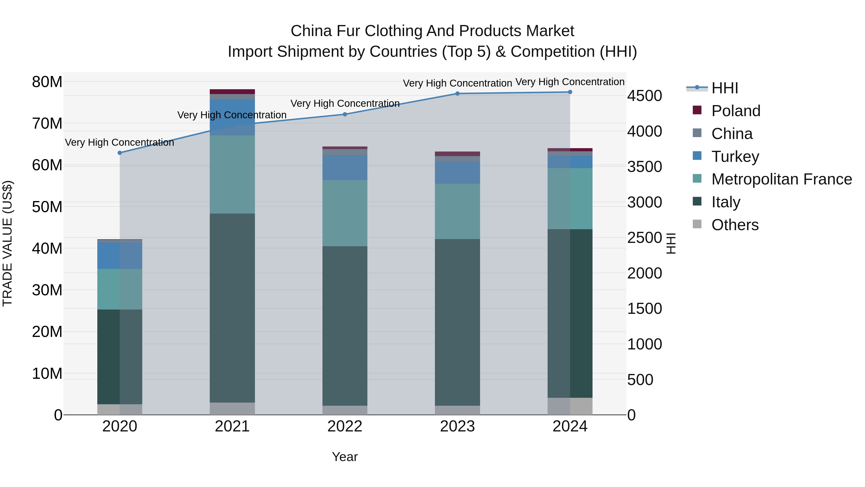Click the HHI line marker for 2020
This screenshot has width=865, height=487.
pos(120,153)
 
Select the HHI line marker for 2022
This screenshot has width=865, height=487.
pos(345,114)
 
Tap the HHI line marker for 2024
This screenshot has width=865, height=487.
pos(570,92)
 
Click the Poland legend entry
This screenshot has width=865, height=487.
pos(735,111)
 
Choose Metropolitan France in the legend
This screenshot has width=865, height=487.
pos(781,179)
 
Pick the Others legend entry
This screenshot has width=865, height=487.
pos(735,225)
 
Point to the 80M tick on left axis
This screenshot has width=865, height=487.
pos(47,82)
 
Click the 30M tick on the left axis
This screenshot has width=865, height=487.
pos(47,290)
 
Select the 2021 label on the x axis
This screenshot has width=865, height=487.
pos(232,426)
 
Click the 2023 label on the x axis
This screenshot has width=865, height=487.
pos(457,426)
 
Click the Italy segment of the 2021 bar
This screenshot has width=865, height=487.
pos(232,308)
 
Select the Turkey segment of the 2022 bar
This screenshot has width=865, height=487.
pos(345,167)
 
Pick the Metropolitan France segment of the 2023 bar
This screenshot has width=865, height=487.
pos(457,211)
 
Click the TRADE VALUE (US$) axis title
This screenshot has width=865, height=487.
pos(7,243)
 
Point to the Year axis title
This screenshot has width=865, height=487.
pos(345,457)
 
